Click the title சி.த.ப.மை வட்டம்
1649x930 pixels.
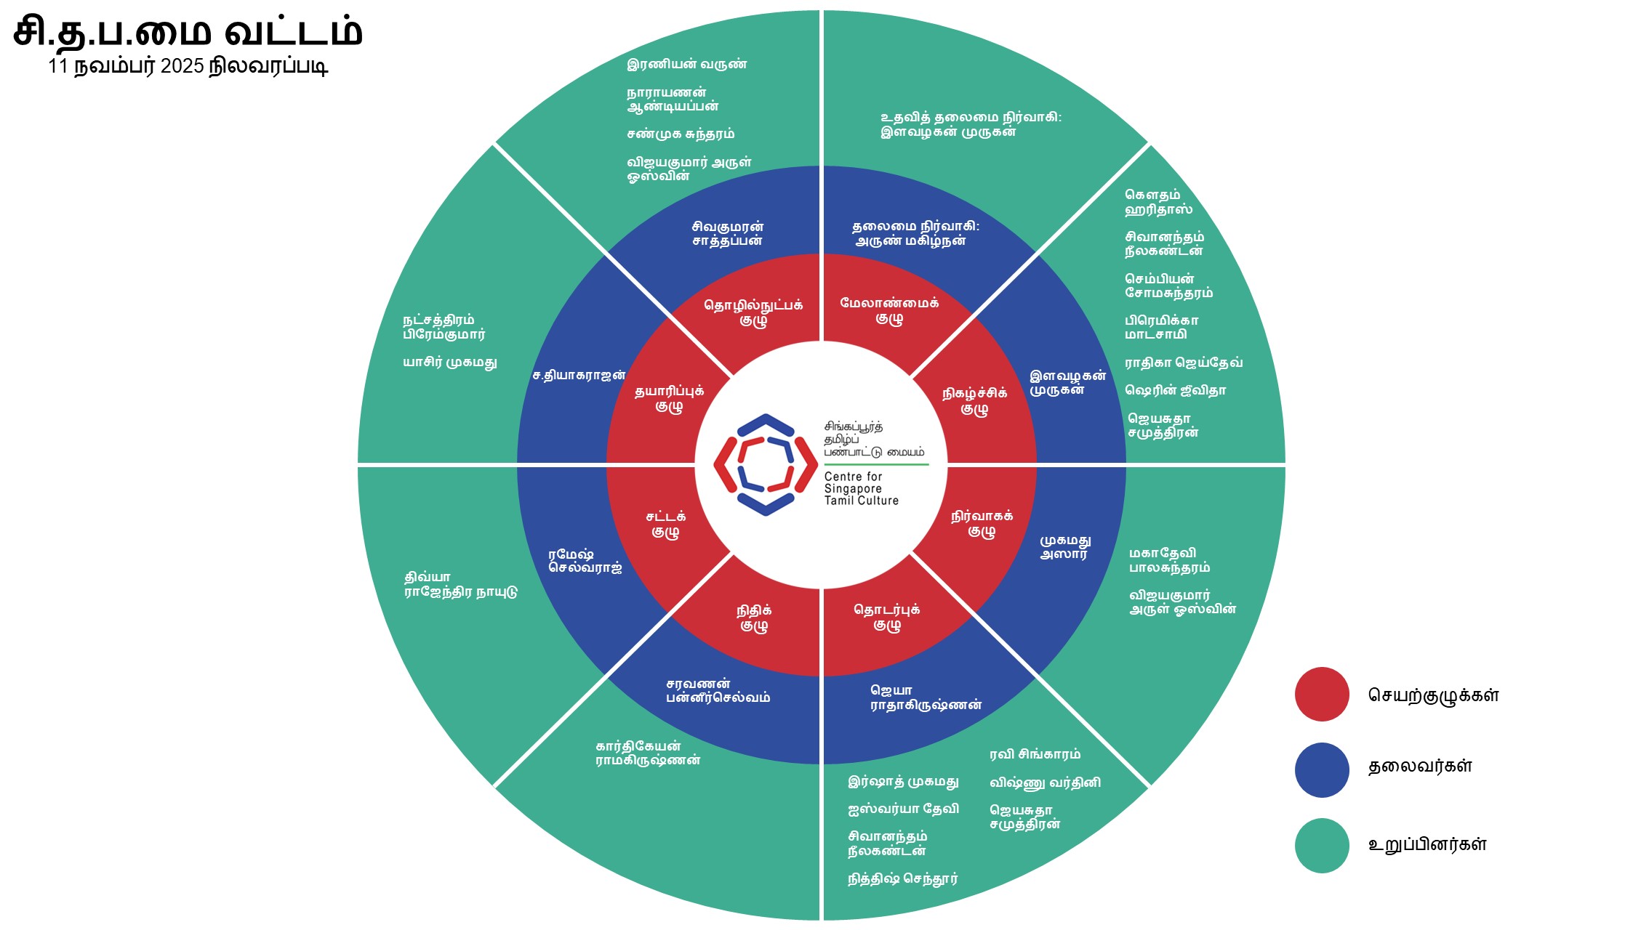pos(188,32)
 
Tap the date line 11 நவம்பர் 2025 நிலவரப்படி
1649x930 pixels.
pos(188,66)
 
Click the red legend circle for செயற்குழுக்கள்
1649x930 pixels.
pos(1322,695)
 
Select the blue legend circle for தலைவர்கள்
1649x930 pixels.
pos(1322,769)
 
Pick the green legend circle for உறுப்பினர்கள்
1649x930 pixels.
pos(1322,846)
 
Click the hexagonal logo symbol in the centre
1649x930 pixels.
pos(765,465)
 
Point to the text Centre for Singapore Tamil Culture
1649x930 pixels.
pos(861,489)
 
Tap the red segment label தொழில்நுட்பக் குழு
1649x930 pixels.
pos(753,312)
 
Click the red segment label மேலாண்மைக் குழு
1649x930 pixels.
pos(889,310)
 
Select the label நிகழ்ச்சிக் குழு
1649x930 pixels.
pos(974,400)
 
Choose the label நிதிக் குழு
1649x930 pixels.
pos(754,618)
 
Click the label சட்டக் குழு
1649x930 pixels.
pos(665,524)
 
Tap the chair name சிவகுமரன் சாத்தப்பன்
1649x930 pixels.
pos(727,234)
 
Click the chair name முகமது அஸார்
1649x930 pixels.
pos(1064,547)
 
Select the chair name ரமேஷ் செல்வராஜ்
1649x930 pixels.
pos(585,561)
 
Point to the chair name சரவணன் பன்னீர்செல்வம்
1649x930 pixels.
pos(718,691)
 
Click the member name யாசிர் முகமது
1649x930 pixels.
pos(450,363)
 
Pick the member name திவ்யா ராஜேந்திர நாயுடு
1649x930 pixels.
pos(460,585)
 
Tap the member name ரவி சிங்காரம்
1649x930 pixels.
pos(1035,754)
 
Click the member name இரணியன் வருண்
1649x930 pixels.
pos(686,64)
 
